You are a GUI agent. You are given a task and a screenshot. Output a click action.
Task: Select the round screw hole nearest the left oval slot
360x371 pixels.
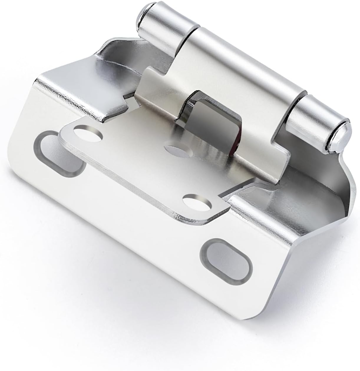[x=88, y=132]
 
